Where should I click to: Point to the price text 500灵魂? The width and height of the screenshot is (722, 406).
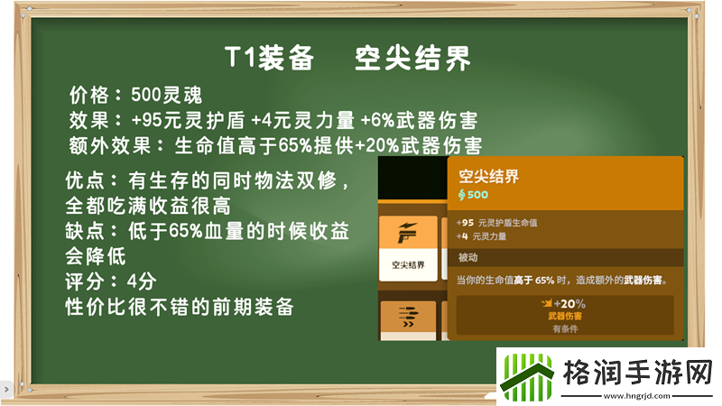coord(167,95)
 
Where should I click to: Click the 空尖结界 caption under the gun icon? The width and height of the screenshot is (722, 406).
coord(408,265)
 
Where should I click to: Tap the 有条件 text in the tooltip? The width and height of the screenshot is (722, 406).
coord(564,328)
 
